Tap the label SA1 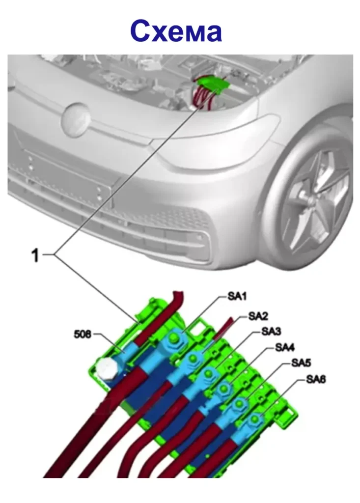point(236,296)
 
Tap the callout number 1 point(35,255)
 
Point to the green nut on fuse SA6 point(254,419)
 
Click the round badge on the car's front point(76,119)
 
